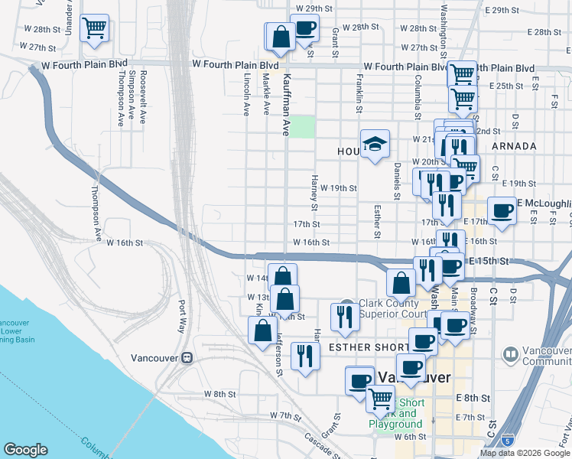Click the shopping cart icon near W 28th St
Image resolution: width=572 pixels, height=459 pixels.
point(94,29)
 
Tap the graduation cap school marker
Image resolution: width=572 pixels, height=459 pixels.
point(375,144)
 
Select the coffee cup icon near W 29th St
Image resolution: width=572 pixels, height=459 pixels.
point(305,30)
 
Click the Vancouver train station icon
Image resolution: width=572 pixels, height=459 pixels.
point(187,357)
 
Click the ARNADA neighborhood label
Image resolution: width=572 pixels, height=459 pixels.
point(514,145)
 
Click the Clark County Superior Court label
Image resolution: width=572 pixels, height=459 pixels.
point(391,308)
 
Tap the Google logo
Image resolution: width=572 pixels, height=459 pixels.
point(25,450)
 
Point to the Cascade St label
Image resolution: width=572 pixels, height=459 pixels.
point(315,444)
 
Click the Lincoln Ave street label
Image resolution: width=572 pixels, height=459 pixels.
point(246,94)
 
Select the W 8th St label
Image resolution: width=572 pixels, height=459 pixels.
point(220,394)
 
